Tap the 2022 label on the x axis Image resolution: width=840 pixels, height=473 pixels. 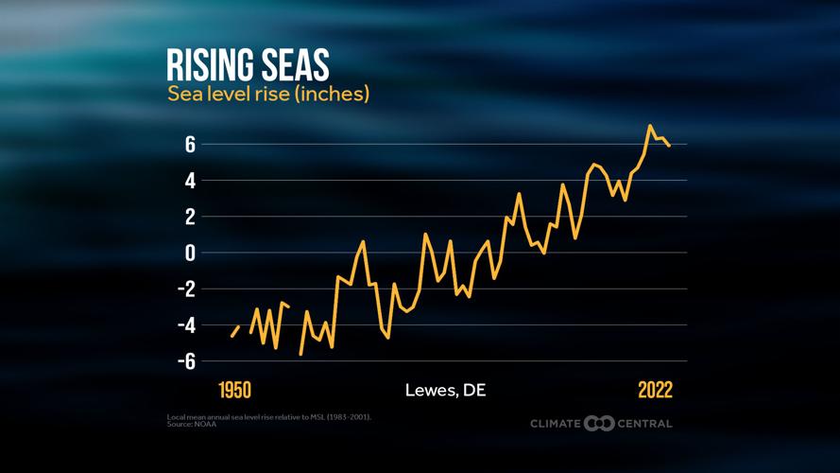(x=655, y=391)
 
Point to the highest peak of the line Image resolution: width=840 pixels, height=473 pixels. (x=650, y=126)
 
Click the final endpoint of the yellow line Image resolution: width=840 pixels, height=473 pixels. (x=669, y=146)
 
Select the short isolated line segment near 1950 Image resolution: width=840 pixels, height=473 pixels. (x=235, y=330)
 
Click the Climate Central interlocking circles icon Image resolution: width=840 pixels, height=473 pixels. (x=599, y=423)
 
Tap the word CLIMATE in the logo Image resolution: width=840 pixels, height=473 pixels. (x=556, y=424)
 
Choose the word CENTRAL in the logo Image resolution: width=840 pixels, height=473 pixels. (x=645, y=424)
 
